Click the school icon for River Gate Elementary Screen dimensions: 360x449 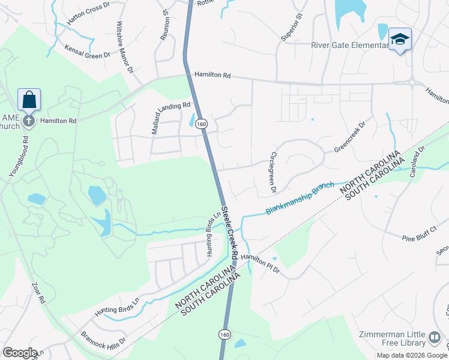pos(400,40)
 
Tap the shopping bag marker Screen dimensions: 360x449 pos(29,100)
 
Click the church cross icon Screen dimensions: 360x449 pos(28,121)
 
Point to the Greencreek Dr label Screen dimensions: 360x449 pos(349,139)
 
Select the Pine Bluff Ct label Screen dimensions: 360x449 pos(421,234)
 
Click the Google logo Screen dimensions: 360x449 pos(20,353)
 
